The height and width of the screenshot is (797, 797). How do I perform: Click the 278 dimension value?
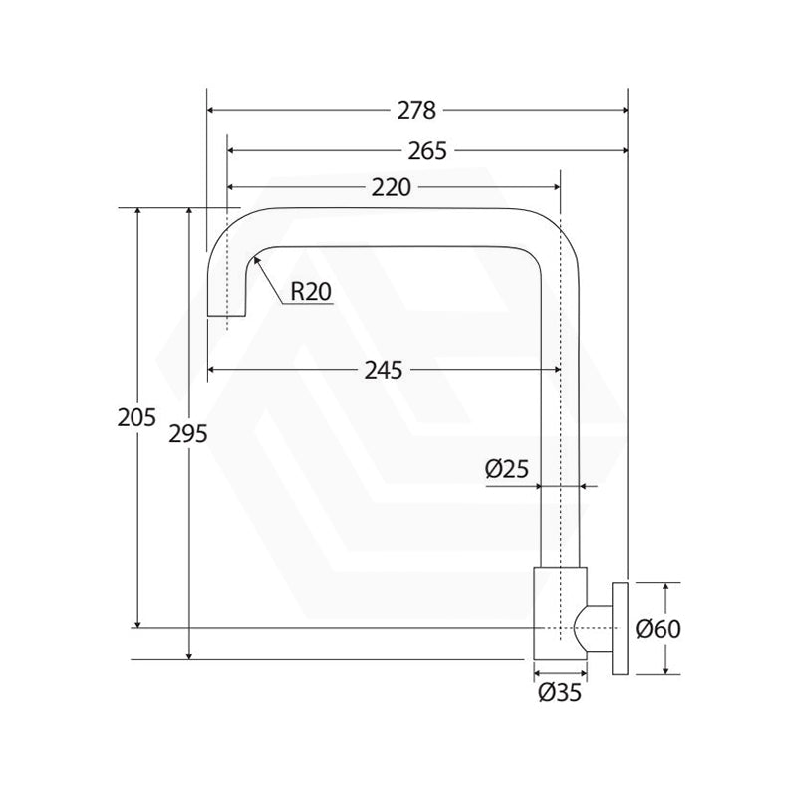416,111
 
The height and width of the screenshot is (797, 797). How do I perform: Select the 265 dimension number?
427,151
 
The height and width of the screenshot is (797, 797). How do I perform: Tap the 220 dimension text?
391,188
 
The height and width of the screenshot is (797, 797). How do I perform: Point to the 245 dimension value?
384,370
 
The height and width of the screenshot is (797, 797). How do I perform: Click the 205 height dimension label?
136,417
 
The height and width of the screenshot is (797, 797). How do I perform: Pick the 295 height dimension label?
188,434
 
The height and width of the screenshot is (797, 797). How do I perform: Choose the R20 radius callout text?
311,292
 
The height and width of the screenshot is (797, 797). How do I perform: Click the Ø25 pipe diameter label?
507,468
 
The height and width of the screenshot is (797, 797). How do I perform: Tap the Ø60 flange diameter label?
659,629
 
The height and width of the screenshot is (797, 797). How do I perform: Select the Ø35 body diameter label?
560,692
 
